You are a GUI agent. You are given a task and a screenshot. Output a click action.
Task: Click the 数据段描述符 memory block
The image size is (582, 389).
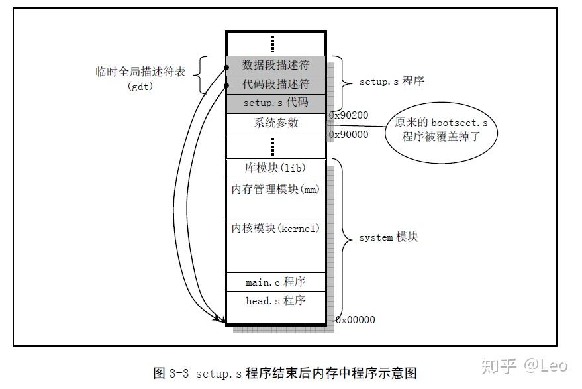point(275,65)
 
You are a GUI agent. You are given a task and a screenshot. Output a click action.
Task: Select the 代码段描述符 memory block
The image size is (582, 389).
point(275,84)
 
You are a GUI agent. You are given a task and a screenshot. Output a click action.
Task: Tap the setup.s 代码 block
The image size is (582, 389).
point(275,103)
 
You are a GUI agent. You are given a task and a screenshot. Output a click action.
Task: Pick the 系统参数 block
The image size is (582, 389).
point(275,123)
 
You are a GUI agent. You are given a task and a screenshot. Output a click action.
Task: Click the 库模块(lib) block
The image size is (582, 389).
point(275,168)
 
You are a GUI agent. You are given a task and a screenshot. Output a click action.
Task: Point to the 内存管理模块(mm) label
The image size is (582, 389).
point(275,190)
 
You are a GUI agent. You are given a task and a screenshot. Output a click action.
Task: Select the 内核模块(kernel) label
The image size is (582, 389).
point(275,229)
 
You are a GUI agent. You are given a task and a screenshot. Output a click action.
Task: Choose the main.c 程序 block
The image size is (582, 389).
point(275,282)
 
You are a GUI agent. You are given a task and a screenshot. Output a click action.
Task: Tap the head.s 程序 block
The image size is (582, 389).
point(275,301)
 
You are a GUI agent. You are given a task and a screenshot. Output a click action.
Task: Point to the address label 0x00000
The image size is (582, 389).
point(356,320)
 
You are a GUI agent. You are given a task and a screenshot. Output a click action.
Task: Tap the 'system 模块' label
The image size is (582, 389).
point(388,237)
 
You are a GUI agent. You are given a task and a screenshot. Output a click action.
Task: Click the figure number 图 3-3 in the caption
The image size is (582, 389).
point(171,373)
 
